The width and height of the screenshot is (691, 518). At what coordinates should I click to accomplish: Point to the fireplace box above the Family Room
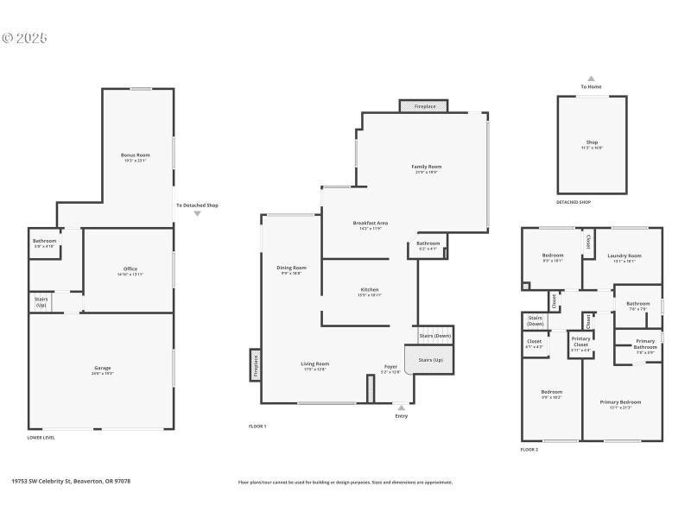(x=424, y=106)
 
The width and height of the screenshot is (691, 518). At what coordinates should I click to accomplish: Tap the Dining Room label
(x=292, y=269)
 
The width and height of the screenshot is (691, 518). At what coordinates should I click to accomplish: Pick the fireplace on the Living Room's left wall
(x=256, y=364)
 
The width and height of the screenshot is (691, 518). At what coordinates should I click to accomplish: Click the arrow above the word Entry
(x=401, y=407)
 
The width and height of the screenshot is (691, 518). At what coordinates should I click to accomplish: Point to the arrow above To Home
(x=591, y=78)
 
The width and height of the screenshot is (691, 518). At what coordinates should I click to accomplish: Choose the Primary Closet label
(x=580, y=341)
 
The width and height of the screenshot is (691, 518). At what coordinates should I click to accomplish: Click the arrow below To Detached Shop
(x=197, y=214)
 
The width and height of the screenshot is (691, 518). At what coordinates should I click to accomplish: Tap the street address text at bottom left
(x=71, y=482)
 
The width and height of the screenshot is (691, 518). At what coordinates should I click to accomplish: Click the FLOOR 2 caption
(x=529, y=450)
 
